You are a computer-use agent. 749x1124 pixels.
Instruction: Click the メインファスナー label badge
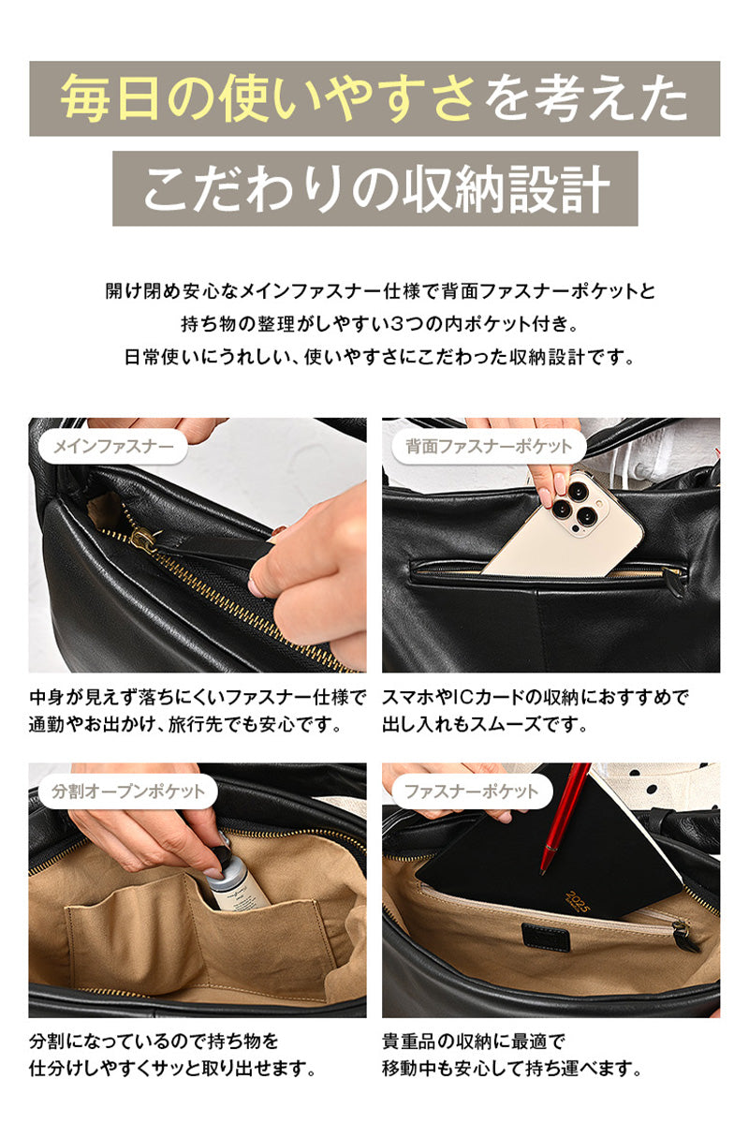pos(112,447)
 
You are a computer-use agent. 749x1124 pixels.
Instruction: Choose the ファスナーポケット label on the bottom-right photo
pos(471,791)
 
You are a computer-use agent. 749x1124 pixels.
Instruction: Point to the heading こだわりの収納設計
pos(375,190)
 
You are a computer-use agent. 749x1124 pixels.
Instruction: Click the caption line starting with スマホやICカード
pos(536,698)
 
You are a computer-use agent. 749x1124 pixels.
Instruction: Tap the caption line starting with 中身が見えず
pos(197,698)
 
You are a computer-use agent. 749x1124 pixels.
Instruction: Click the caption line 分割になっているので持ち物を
pos(154,1042)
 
